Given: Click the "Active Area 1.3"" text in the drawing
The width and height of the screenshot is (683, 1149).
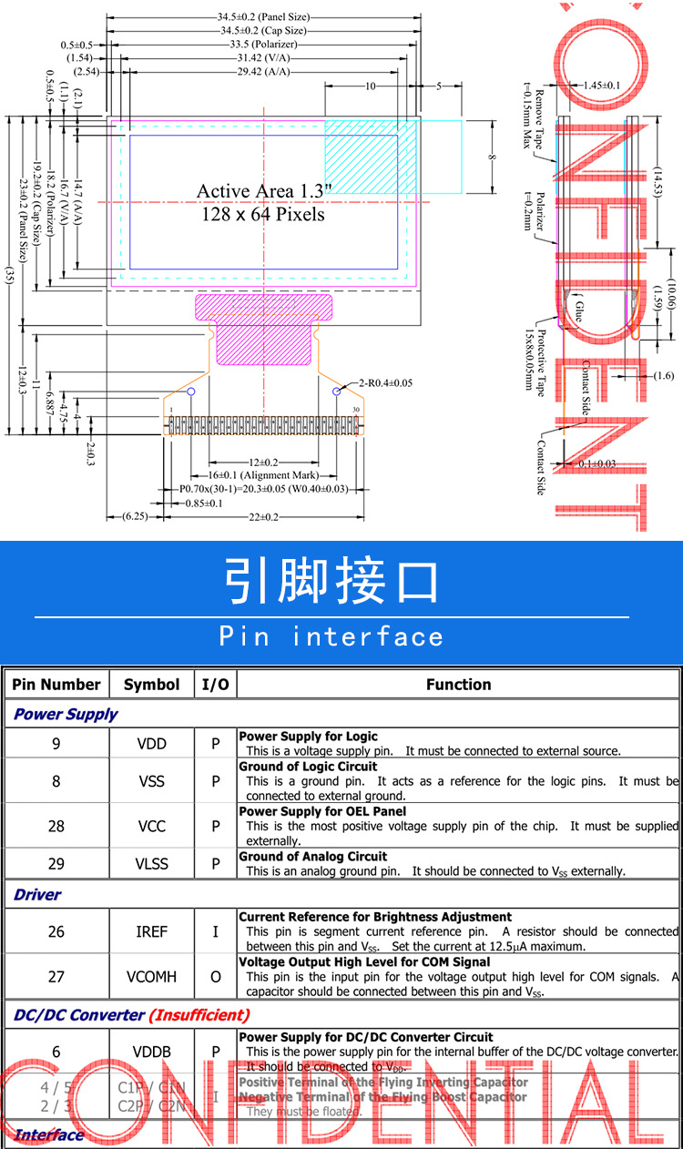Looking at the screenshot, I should [x=264, y=191].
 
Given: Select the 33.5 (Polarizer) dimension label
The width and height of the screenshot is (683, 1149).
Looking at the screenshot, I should [x=263, y=44].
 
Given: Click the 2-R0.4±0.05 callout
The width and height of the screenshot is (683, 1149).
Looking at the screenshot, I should [x=385, y=382].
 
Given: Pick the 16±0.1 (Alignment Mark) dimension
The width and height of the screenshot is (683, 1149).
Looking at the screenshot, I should [x=262, y=475].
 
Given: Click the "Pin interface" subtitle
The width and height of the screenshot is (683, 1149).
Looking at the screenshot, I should [x=331, y=636].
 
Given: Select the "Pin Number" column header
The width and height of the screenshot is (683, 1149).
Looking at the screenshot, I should [x=56, y=685].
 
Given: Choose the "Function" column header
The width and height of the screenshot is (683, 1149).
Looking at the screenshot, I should [x=458, y=685].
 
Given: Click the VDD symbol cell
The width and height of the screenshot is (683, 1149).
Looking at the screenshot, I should [x=152, y=744].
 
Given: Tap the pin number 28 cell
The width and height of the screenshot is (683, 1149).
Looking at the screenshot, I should [x=56, y=826].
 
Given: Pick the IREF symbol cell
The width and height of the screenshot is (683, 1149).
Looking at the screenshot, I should [x=152, y=931].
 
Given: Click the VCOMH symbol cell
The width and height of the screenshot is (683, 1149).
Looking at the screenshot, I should [x=152, y=977].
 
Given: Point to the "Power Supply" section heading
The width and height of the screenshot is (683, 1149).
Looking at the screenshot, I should [x=66, y=715].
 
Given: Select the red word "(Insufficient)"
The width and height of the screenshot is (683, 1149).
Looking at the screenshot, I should [x=199, y=1015].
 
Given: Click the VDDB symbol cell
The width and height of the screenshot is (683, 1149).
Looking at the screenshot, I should [x=152, y=1052].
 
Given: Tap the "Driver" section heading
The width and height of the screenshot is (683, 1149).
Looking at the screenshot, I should [x=37, y=895].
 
